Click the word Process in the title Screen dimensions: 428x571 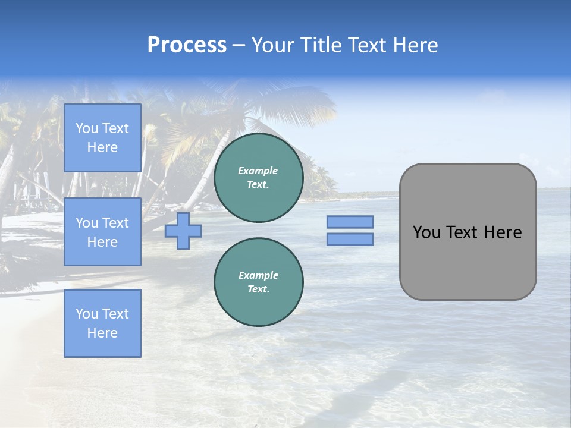pos(187,45)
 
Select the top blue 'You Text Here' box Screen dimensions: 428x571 pos(102,138)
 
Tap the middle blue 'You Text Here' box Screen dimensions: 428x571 pos(102,232)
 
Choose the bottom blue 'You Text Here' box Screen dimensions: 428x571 pos(102,323)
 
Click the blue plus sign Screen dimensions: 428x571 pos(183,231)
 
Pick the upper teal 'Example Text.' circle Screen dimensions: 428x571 pos(258,178)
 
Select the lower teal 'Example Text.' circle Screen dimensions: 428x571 pos(258,282)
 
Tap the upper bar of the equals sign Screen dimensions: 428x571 pos(350,222)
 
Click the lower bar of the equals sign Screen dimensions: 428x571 pos(350,240)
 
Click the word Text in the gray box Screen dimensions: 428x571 pos(462,232)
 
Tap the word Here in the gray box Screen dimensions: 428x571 pos(503,232)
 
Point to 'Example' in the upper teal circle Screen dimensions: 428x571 pos(258,171)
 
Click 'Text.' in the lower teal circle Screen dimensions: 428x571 pos(258,289)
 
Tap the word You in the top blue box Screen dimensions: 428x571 pos(87,128)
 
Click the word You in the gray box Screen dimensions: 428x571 pos(426,232)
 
